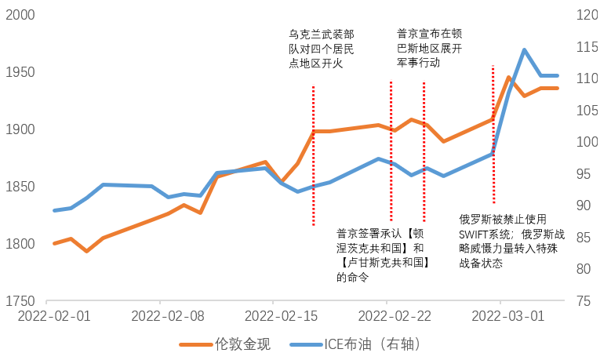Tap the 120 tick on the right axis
tap(587, 15)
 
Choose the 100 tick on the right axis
tap(587, 142)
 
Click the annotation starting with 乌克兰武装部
tap(322, 49)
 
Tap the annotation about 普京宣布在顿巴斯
tap(429, 49)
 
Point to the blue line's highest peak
tap(524, 50)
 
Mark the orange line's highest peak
tap(509, 78)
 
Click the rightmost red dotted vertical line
tap(493, 133)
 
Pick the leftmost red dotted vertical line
tap(313, 157)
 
